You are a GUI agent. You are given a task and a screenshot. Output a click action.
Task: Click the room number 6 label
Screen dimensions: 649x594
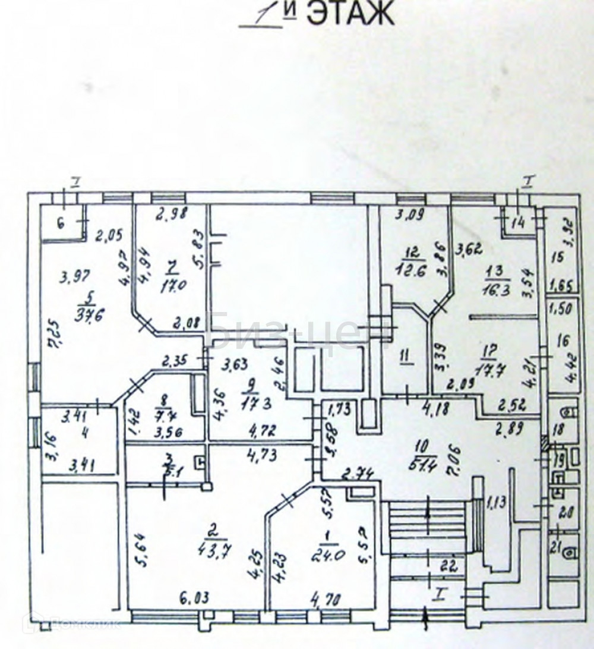tap(60, 223)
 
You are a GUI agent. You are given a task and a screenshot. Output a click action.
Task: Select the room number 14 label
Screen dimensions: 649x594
tap(518, 224)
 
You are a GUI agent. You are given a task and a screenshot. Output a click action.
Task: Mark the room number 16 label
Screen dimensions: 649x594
tap(561, 342)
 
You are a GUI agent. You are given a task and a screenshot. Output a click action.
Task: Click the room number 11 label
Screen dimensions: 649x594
tap(405, 357)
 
